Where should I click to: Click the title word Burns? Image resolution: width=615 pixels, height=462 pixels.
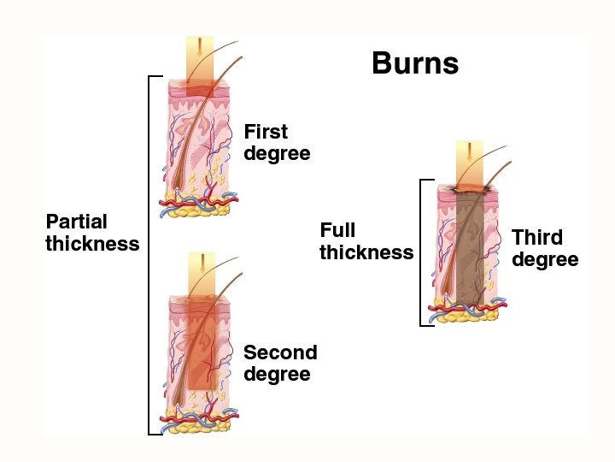pos(415,63)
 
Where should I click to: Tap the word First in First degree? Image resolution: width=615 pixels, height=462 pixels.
pos(266,132)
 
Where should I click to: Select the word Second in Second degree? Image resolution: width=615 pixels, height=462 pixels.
pos(280,352)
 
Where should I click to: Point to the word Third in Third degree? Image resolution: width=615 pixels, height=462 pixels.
pos(537,237)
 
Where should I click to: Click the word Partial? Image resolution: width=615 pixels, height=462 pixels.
pos(77,222)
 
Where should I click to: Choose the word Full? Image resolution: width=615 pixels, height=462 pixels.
pos(337,230)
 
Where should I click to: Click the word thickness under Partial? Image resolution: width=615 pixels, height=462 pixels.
pos(92,244)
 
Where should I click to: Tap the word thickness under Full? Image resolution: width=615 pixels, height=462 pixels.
pos(366,252)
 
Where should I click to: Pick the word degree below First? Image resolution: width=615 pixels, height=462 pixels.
pos(277,154)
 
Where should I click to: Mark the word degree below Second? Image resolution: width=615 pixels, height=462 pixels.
pos(277,375)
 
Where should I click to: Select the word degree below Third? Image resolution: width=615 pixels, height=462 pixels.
pos(545,259)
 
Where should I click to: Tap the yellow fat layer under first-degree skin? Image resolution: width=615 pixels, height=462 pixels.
pos(199,210)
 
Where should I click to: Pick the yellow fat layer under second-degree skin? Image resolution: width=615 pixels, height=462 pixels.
pos(199,425)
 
